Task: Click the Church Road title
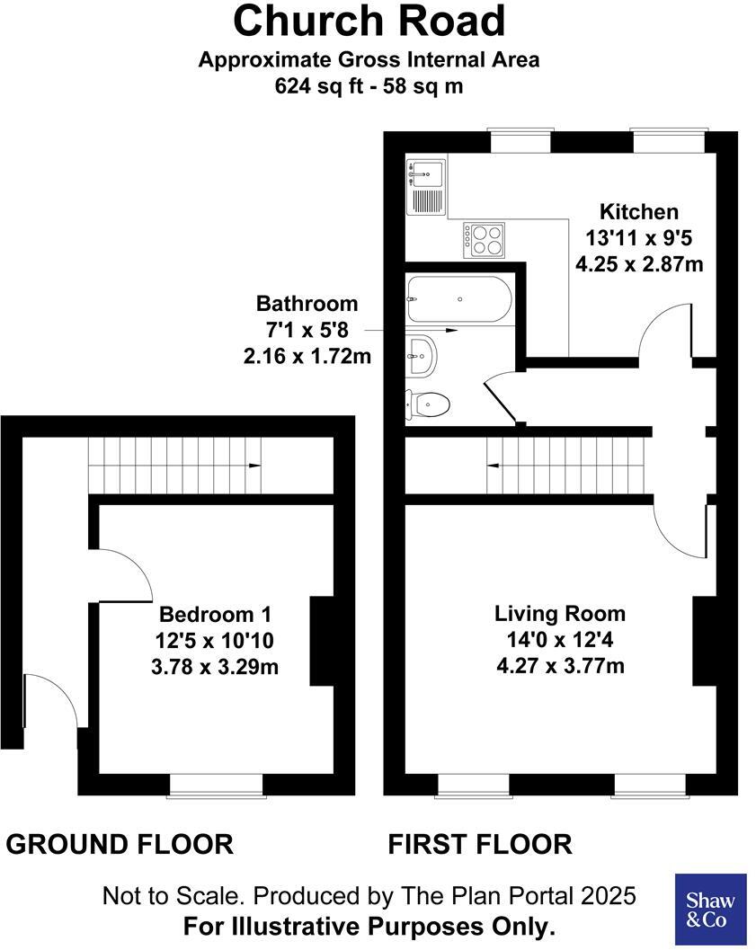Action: (x=369, y=21)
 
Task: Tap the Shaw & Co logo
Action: (x=710, y=910)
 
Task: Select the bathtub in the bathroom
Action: (x=459, y=299)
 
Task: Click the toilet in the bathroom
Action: (x=428, y=404)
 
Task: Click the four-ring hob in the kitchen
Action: (x=484, y=239)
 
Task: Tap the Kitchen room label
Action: (x=639, y=212)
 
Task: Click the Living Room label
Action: (x=560, y=614)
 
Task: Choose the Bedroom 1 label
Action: (x=215, y=615)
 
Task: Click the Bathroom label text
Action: (x=307, y=304)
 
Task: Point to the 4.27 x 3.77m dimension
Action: (x=560, y=666)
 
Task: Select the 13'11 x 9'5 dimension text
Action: (x=639, y=238)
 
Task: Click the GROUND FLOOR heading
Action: (x=120, y=844)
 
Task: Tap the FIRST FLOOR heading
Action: (x=479, y=844)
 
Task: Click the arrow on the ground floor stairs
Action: (x=254, y=466)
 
